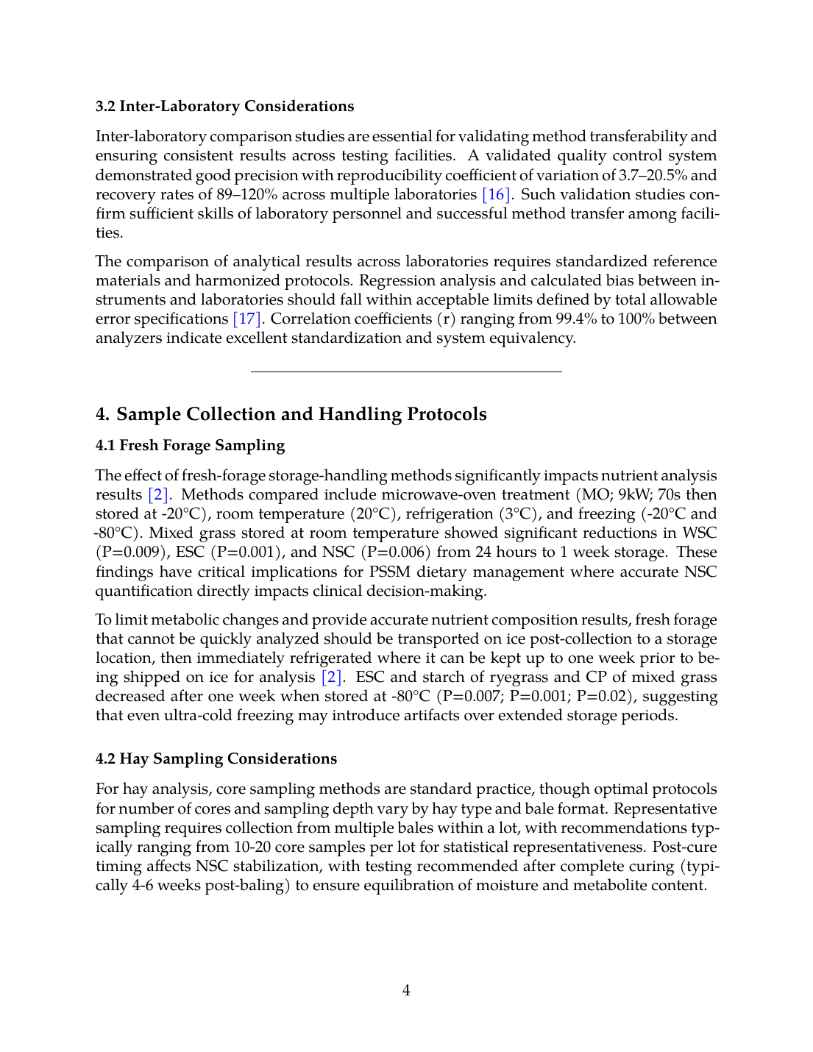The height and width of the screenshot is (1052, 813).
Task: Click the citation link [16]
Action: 497,194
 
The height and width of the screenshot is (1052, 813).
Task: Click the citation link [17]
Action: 247,319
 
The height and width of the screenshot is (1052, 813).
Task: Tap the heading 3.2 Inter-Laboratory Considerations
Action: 224,106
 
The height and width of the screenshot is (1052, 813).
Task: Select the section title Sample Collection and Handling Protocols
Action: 301,414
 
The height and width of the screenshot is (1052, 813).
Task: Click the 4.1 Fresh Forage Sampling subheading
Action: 190,445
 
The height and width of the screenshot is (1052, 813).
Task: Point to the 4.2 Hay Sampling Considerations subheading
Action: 216,758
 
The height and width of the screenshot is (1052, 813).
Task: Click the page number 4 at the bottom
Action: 406,990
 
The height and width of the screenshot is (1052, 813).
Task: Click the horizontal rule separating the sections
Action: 406,372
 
